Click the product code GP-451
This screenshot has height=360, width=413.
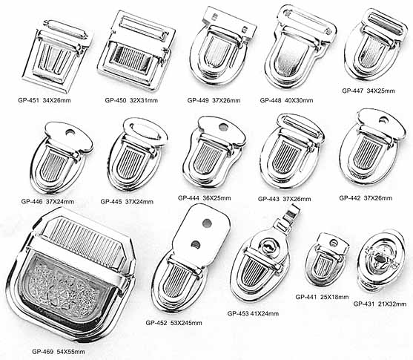(28, 100)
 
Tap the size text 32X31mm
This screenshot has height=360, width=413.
(144, 100)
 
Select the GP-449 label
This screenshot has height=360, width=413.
(198, 100)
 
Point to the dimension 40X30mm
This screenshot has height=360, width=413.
(299, 100)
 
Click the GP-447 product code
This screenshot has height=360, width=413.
(353, 91)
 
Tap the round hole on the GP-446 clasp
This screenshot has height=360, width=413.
(70, 132)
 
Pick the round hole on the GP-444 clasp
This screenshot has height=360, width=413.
(223, 128)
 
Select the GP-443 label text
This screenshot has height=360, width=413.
(285, 199)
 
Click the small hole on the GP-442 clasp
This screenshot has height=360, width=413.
(383, 120)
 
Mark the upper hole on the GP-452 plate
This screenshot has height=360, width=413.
(208, 223)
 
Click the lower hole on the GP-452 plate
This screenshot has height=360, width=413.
(196, 245)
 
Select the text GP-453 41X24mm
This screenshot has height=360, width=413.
(253, 313)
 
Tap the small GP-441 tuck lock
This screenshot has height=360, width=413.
(326, 259)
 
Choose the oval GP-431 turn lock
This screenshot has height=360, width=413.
(381, 261)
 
